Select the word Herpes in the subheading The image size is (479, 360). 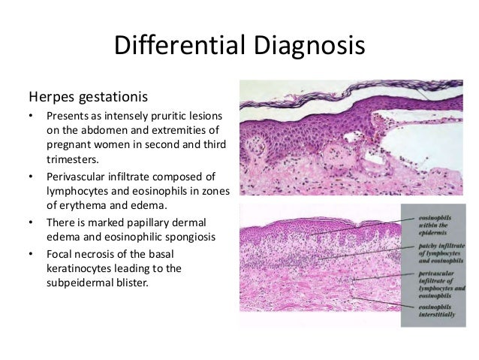click(x=50, y=97)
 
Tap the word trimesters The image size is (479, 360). click(x=74, y=159)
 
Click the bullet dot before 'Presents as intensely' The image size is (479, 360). click(x=32, y=116)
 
